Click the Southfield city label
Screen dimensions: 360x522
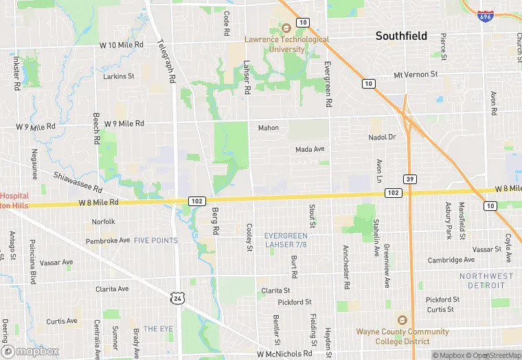(x=400, y=36)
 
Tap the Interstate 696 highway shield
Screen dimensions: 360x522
(x=485, y=14)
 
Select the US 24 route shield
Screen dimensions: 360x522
(x=178, y=297)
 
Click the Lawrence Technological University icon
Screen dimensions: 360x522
(x=286, y=28)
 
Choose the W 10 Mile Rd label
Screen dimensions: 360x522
(x=122, y=45)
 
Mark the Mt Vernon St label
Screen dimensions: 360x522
(x=416, y=74)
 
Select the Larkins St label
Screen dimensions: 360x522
(x=120, y=76)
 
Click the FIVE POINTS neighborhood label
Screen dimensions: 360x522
(x=155, y=240)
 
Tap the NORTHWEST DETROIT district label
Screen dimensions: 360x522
(x=486, y=280)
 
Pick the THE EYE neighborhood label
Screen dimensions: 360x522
(x=158, y=329)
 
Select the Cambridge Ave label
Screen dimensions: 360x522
(x=451, y=260)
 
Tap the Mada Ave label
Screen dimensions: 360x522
(x=309, y=149)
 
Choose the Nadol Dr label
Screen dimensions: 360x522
(x=383, y=137)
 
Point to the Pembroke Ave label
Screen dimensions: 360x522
(x=108, y=241)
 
